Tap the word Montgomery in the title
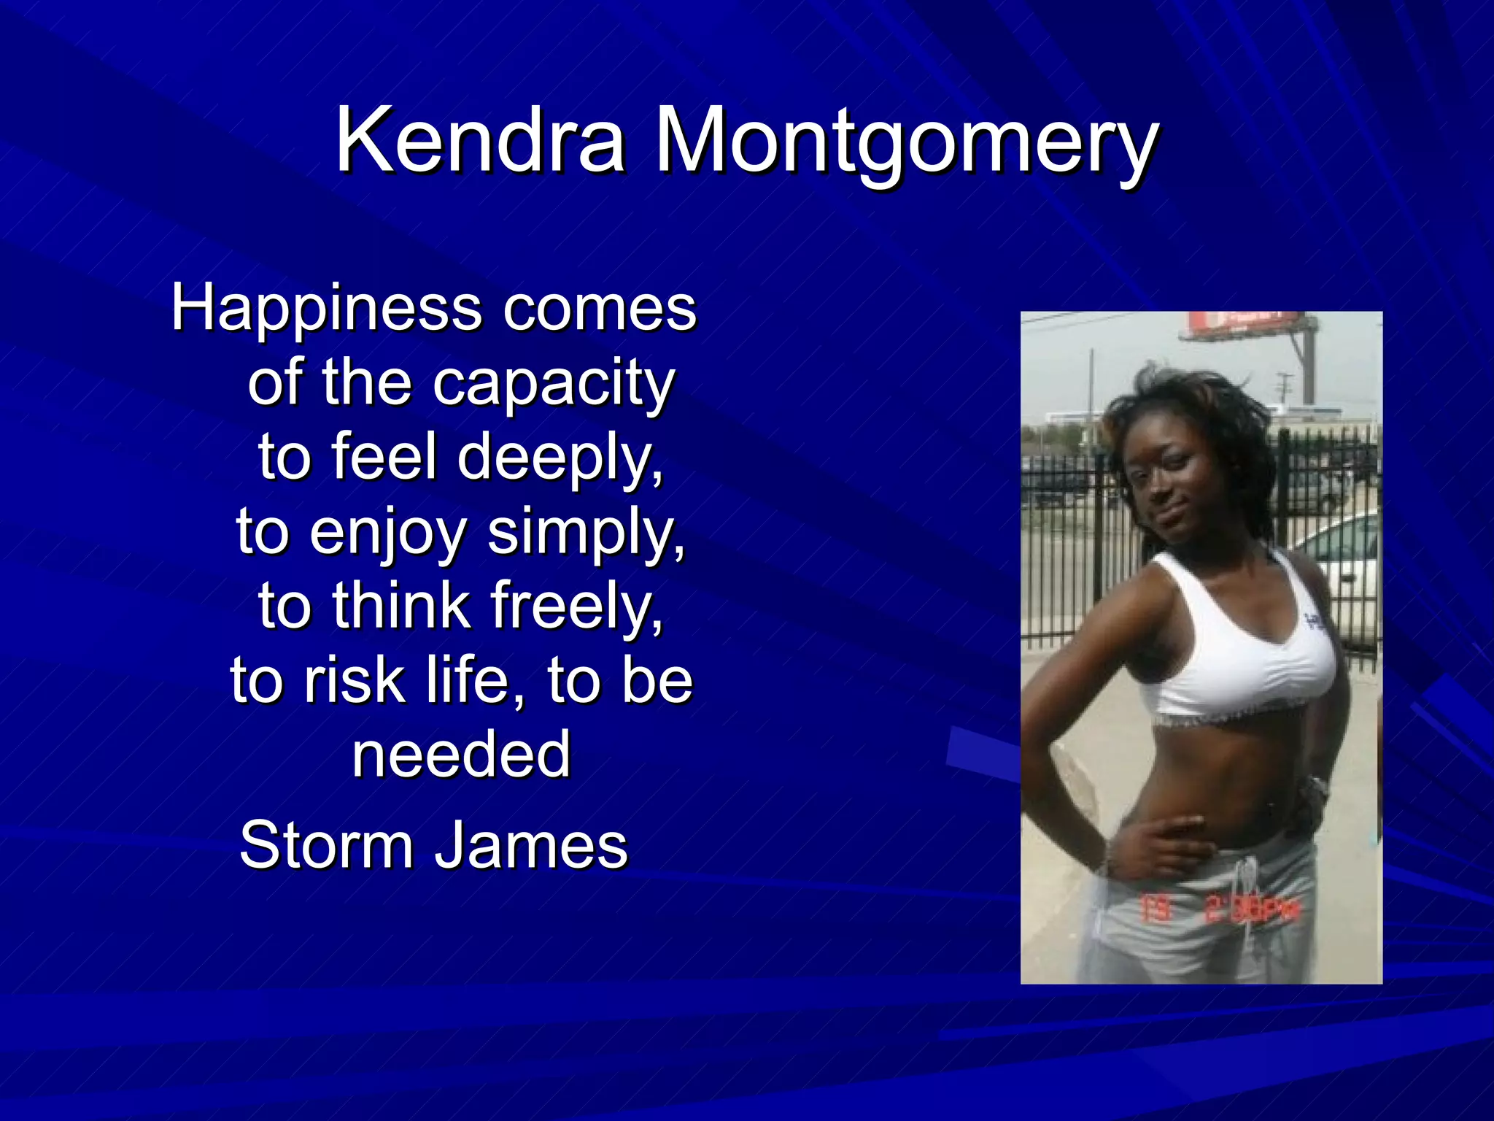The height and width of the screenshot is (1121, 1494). click(905, 142)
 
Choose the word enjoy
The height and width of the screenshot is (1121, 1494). click(387, 533)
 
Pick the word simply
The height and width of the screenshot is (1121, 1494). click(586, 533)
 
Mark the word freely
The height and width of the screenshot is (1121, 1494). click(576, 607)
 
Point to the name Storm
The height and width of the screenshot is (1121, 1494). click(326, 846)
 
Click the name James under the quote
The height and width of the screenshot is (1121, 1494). click(531, 846)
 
